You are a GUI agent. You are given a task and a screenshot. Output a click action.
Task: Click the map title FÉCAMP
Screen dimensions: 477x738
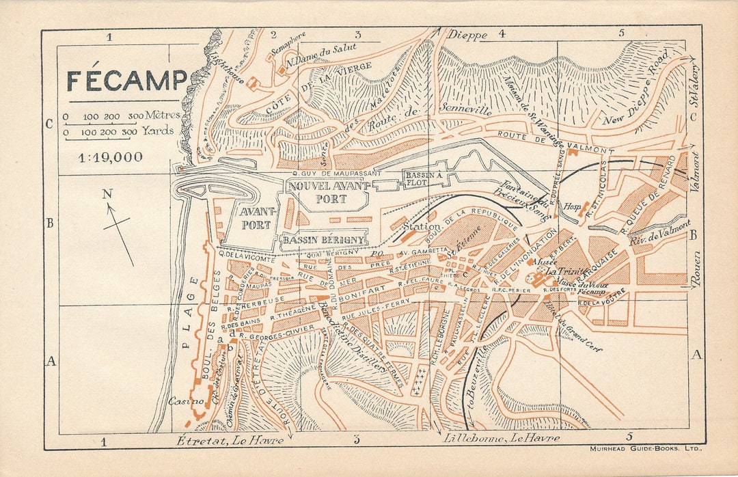126,81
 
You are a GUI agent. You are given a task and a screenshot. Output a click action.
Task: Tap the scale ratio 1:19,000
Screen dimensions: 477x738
110,157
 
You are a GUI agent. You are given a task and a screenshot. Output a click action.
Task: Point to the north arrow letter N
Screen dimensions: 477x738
107,194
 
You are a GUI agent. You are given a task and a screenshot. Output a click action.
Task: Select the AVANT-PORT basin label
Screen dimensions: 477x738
256,218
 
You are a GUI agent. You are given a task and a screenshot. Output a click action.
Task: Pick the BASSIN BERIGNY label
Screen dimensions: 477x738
324,241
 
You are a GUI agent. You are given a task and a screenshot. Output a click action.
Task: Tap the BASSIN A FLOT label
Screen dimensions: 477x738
424,178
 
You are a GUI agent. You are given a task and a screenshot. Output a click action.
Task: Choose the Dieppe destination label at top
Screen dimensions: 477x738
467,35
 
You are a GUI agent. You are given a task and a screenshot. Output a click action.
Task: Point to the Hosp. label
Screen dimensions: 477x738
571,205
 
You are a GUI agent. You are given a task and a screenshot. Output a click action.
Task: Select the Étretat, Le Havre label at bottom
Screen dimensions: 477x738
230,440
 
